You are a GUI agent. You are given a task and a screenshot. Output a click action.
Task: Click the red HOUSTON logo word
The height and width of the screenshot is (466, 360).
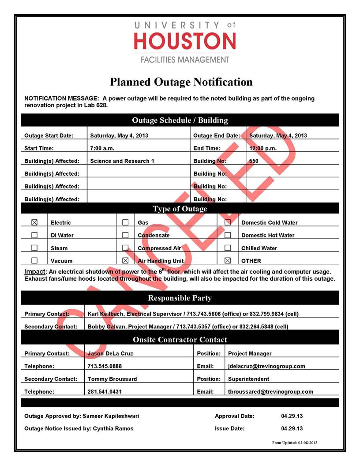(185, 41)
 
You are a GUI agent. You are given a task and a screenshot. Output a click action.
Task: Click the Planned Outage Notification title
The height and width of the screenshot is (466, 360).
(181, 82)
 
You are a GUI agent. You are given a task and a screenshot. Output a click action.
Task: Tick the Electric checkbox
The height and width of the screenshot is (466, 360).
(34, 222)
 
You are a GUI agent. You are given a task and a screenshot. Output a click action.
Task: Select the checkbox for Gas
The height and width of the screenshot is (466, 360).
(125, 222)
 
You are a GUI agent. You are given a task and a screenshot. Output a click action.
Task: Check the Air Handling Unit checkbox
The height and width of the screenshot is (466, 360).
(125, 261)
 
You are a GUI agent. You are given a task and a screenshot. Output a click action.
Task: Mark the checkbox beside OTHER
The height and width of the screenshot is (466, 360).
(228, 261)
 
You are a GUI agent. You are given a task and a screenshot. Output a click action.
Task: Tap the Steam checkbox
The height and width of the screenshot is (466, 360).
(34, 248)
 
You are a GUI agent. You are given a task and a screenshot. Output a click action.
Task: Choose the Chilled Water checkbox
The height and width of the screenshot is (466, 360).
(228, 248)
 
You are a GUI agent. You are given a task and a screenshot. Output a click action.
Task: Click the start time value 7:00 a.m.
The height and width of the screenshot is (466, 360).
(102, 148)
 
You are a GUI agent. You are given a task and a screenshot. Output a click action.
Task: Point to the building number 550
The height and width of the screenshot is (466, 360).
(254, 161)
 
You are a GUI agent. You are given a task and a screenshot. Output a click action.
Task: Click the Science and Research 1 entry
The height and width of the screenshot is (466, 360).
(122, 161)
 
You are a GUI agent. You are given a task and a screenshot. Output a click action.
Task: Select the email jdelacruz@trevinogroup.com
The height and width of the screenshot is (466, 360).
(266, 366)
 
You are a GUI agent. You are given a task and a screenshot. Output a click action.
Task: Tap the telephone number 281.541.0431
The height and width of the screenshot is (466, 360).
(105, 391)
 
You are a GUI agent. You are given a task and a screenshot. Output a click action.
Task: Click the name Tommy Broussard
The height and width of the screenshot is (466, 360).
(112, 379)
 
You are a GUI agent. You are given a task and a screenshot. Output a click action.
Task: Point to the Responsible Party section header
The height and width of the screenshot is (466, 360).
(180, 298)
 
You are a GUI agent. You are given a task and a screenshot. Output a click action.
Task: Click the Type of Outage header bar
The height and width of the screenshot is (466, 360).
(180, 209)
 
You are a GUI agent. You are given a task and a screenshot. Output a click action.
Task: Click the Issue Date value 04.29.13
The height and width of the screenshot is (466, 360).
(292, 428)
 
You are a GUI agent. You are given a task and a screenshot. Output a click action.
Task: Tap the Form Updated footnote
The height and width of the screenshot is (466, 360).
(295, 443)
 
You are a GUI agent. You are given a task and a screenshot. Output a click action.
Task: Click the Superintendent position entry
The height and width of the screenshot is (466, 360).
(248, 379)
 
